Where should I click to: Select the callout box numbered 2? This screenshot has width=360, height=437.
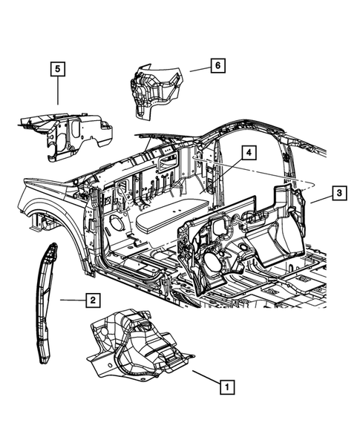pos(92,300)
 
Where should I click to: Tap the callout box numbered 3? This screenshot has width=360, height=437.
pos(337,194)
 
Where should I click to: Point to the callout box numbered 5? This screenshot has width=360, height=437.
pos(58,70)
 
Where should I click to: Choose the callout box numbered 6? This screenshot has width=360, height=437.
pos(216,66)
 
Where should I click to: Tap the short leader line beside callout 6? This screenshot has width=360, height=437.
pos(197,68)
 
